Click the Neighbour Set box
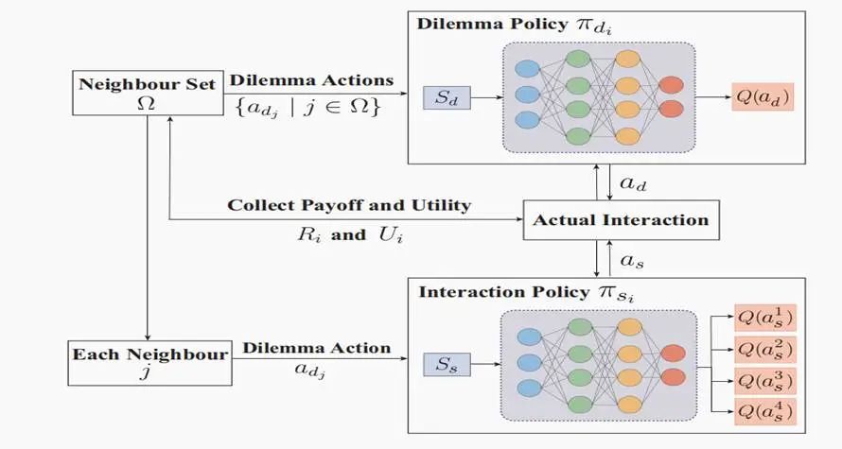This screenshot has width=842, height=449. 146,92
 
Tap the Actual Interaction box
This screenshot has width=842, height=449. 620,220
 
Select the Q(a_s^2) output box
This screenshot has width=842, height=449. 763,349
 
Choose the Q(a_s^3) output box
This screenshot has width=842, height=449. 763,381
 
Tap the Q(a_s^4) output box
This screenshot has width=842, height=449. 763,412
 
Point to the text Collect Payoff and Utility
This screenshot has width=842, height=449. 349,205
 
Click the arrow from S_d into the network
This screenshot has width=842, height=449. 483,95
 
